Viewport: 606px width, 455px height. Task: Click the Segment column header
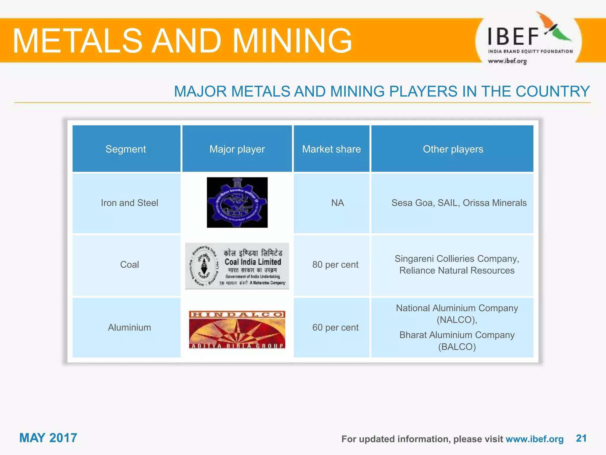pyautogui.click(x=126, y=149)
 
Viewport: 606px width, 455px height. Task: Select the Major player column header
pyautogui.click(x=237, y=149)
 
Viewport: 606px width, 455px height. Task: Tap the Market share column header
pyautogui.click(x=331, y=149)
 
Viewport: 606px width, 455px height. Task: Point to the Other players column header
pyautogui.click(x=453, y=149)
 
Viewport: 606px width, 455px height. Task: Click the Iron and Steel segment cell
pyautogui.click(x=129, y=203)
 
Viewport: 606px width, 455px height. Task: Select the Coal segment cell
pyautogui.click(x=129, y=265)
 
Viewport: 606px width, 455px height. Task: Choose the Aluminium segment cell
pyautogui.click(x=129, y=327)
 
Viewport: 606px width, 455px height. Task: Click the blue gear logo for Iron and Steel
pyautogui.click(x=237, y=203)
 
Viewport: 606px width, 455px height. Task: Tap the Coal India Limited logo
pyautogui.click(x=237, y=266)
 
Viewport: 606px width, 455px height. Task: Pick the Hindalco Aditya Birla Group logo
pyautogui.click(x=237, y=329)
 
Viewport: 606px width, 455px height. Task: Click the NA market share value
pyautogui.click(x=337, y=203)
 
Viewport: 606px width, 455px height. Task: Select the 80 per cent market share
pyautogui.click(x=335, y=265)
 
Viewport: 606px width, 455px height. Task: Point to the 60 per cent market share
pyautogui.click(x=335, y=327)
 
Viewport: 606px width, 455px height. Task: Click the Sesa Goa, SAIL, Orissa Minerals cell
pyautogui.click(x=459, y=203)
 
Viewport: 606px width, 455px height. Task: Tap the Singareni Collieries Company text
pyautogui.click(x=457, y=259)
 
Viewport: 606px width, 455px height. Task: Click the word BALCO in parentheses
pyautogui.click(x=457, y=347)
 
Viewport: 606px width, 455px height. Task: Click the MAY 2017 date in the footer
pyautogui.click(x=48, y=438)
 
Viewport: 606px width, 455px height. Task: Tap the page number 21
pyautogui.click(x=581, y=438)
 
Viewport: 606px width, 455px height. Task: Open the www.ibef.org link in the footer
pyautogui.click(x=534, y=439)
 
